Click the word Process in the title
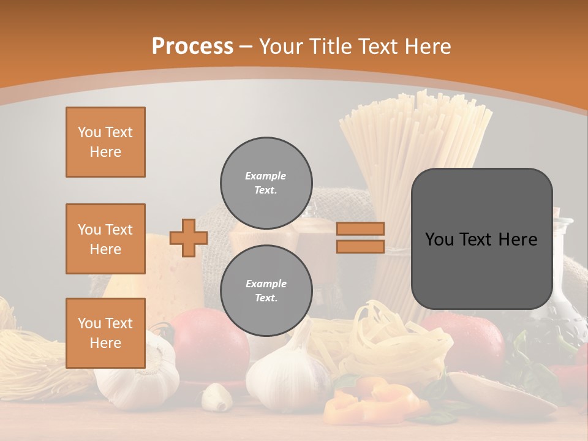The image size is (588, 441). click(192, 46)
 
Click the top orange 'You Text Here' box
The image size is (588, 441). click(105, 142)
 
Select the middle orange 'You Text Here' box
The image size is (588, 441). click(105, 239)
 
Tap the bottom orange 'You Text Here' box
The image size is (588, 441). click(105, 333)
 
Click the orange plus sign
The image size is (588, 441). click(189, 238)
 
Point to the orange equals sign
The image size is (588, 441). click(360, 238)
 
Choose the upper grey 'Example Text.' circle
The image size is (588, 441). click(266, 183)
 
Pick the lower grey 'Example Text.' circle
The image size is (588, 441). click(266, 291)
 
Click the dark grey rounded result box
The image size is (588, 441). click(481, 239)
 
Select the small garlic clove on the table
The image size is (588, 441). click(216, 396)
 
